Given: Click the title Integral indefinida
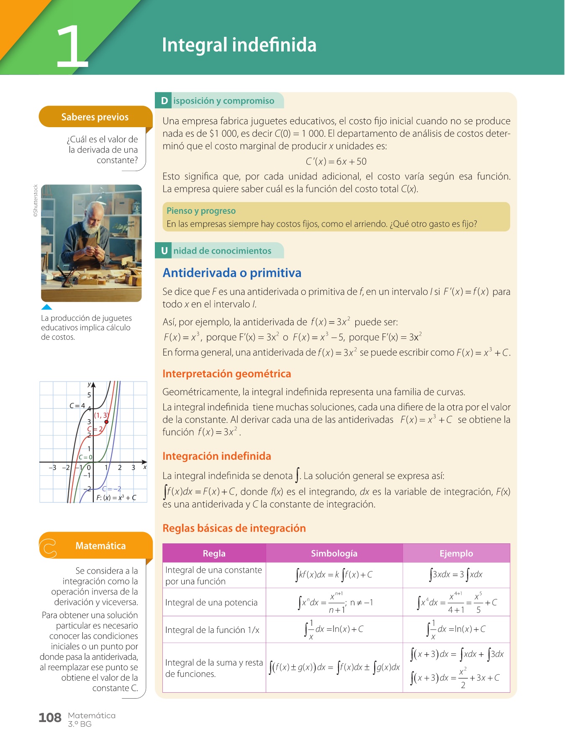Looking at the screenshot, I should [x=239, y=45].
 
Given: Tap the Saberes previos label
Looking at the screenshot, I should [x=95, y=117].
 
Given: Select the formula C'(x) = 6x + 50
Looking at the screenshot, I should [x=336, y=161].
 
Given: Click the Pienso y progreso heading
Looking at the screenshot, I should [x=201, y=211].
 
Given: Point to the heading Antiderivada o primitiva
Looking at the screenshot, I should [x=232, y=273].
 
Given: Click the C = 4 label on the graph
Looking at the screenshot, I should [x=77, y=406].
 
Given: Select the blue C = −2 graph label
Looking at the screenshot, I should [x=112, y=489].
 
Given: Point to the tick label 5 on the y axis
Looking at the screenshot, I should [x=89, y=395].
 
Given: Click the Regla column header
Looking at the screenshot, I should [x=214, y=553].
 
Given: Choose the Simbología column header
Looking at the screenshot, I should [x=334, y=553].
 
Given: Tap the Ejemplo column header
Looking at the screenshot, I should [x=456, y=553].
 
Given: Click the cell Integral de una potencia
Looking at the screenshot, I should [x=211, y=602].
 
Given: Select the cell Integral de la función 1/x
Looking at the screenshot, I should [x=212, y=630].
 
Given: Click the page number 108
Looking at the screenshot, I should [x=50, y=718].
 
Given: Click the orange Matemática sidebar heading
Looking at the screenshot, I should [x=100, y=546].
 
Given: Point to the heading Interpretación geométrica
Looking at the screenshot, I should [x=226, y=374].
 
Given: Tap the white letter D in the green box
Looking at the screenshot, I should [x=164, y=101].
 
